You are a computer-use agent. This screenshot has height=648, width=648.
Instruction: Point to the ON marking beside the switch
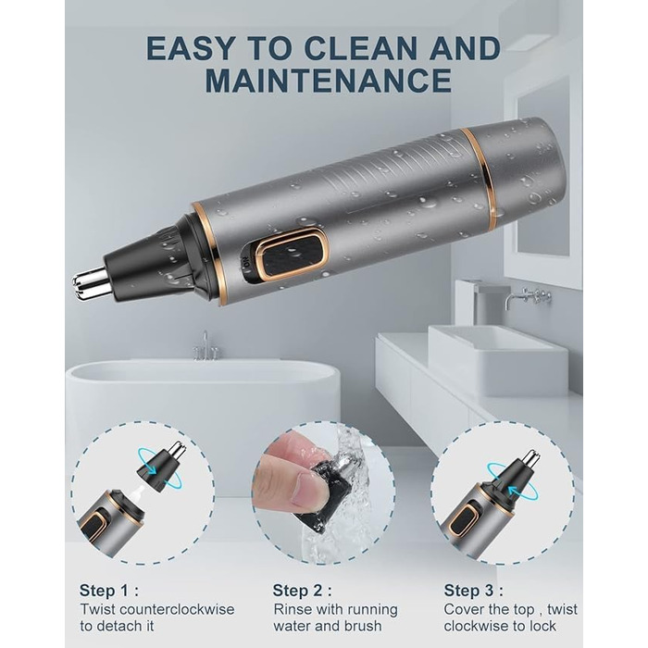pos(245,262)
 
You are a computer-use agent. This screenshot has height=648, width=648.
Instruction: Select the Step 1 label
pos(108,591)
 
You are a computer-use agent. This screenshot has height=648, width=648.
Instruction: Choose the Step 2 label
pos(302,591)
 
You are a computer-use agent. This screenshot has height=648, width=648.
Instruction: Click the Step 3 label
pos(474,591)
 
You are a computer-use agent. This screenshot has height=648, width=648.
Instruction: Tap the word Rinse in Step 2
pos(293,609)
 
